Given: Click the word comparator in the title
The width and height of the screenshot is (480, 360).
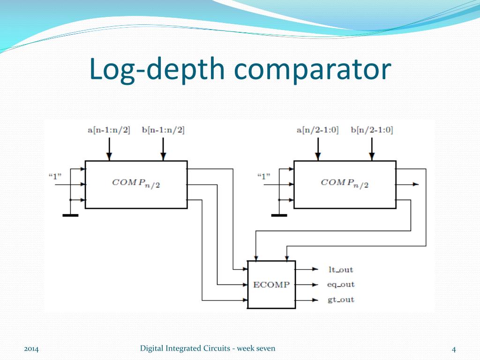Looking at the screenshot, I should coord(313,69).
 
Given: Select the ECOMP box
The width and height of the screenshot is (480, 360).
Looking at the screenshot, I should coord(271,285).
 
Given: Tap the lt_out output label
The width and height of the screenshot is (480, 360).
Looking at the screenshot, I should coord(340,270).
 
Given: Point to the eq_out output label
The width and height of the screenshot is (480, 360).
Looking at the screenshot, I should coord(340,285).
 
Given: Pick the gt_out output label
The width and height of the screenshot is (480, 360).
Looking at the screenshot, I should coord(340,300).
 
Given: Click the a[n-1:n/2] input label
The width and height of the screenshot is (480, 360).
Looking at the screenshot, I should coord(109,130).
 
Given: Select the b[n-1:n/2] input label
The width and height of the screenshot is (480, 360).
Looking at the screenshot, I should coord(163,130).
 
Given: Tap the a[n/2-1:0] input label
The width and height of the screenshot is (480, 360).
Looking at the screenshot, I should coord(318,130).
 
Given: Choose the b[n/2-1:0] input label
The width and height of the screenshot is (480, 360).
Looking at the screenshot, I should coord(372,130).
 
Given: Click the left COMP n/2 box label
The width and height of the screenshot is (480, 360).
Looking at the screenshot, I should coord(136,183).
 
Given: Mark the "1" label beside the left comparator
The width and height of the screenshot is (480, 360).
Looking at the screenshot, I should coord(56,176).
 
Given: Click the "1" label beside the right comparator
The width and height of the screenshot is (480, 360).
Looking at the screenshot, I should coord(264,176).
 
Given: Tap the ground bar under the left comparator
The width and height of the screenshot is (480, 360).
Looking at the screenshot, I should coord(70,215).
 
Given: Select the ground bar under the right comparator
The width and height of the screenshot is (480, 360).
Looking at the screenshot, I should coord(279,215).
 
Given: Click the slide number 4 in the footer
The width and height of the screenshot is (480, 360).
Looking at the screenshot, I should coord(454,349).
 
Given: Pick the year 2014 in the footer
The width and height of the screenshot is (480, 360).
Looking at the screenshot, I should coord(31,349).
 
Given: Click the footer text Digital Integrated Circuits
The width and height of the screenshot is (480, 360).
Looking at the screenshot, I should coord(187,348).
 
